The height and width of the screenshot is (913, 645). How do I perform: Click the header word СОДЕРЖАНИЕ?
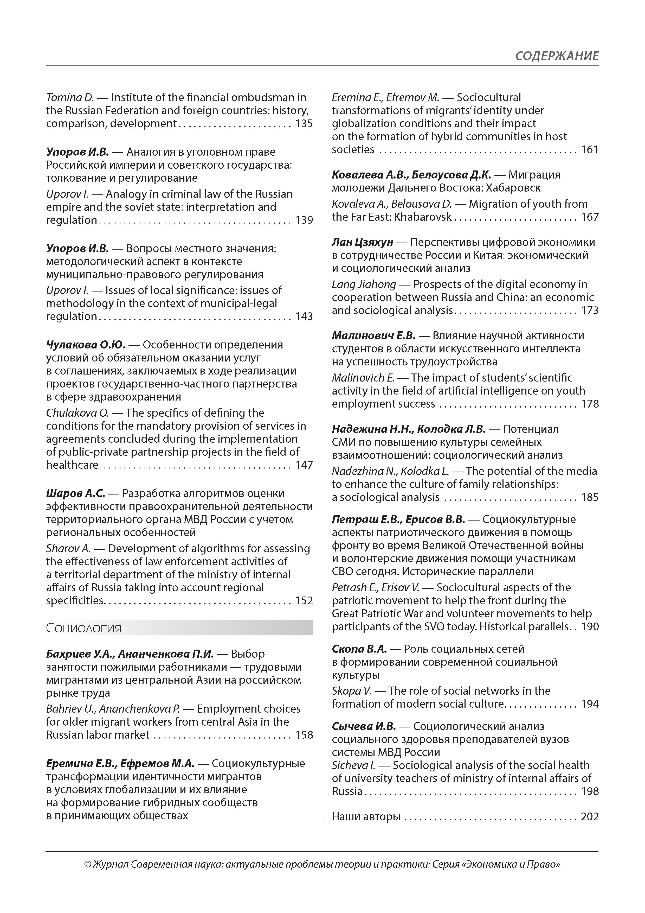click(557, 56)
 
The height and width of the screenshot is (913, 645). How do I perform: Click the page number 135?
click(304, 124)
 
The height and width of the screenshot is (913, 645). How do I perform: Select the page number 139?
click(304, 220)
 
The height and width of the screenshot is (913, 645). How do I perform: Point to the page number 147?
click(304, 465)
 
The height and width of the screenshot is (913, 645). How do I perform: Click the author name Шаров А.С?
click(75, 493)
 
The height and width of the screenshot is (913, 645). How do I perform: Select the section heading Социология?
click(84, 628)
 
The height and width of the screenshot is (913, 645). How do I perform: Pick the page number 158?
click(304, 735)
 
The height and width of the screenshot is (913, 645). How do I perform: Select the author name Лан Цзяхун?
click(363, 242)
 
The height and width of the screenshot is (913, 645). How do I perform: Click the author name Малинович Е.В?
click(373, 336)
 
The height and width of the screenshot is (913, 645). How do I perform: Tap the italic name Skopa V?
click(351, 691)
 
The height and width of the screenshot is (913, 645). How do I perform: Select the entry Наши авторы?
click(366, 817)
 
